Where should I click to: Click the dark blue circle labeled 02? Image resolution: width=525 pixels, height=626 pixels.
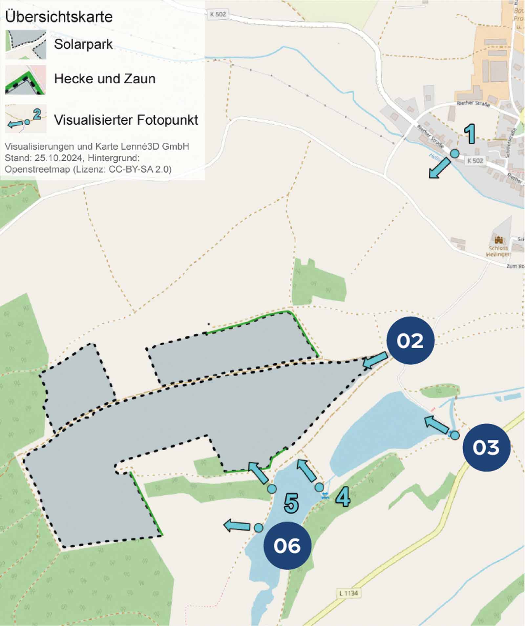[410, 340]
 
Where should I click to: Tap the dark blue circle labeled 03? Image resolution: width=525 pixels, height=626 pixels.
[486, 447]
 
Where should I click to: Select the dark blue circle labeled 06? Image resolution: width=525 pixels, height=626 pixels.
[287, 546]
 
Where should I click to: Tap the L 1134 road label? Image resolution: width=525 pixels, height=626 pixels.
[348, 593]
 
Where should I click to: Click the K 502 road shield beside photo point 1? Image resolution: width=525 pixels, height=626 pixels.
[475, 160]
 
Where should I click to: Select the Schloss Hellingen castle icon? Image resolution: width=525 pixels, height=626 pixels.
[498, 239]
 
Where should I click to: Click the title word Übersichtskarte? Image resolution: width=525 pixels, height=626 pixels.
[59, 16]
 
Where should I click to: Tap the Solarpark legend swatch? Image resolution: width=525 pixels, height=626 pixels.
[26, 45]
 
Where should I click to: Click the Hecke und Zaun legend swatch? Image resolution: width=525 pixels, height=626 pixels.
[26, 80]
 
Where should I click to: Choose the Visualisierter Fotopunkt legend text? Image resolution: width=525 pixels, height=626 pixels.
[126, 120]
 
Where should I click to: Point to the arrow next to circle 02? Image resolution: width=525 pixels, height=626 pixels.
[375, 360]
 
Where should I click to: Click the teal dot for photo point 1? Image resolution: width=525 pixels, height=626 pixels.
[454, 153]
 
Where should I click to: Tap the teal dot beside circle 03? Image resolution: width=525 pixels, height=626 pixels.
[454, 435]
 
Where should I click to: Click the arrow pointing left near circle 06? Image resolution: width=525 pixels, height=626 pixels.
[237, 525]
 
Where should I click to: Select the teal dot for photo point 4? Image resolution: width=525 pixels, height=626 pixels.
[319, 487]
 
